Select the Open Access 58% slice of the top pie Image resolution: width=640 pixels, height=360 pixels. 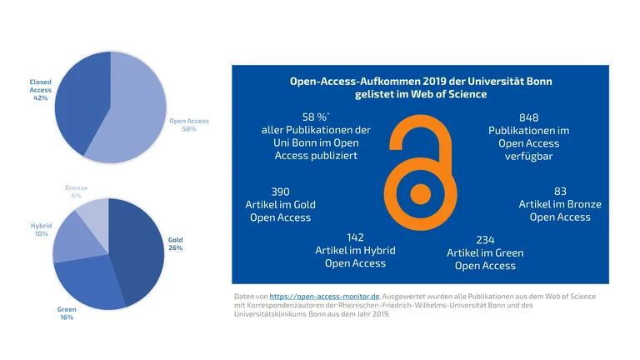(133, 112)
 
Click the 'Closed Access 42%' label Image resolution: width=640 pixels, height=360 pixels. (40, 90)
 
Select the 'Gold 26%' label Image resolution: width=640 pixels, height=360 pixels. (175, 244)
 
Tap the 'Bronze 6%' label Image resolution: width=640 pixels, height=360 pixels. (76, 192)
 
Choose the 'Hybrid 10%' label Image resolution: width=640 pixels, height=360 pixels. (41, 230)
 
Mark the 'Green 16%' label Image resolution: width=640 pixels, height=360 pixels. (67, 313)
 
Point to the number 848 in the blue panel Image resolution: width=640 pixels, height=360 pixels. (528, 117)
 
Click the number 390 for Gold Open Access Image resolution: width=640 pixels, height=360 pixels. (280, 191)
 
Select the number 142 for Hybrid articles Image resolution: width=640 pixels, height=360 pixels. (355, 237)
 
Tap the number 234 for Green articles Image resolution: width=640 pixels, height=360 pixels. (485, 240)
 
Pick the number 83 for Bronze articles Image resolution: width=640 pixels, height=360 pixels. (560, 191)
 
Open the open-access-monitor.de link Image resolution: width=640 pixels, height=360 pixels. (325, 296)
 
